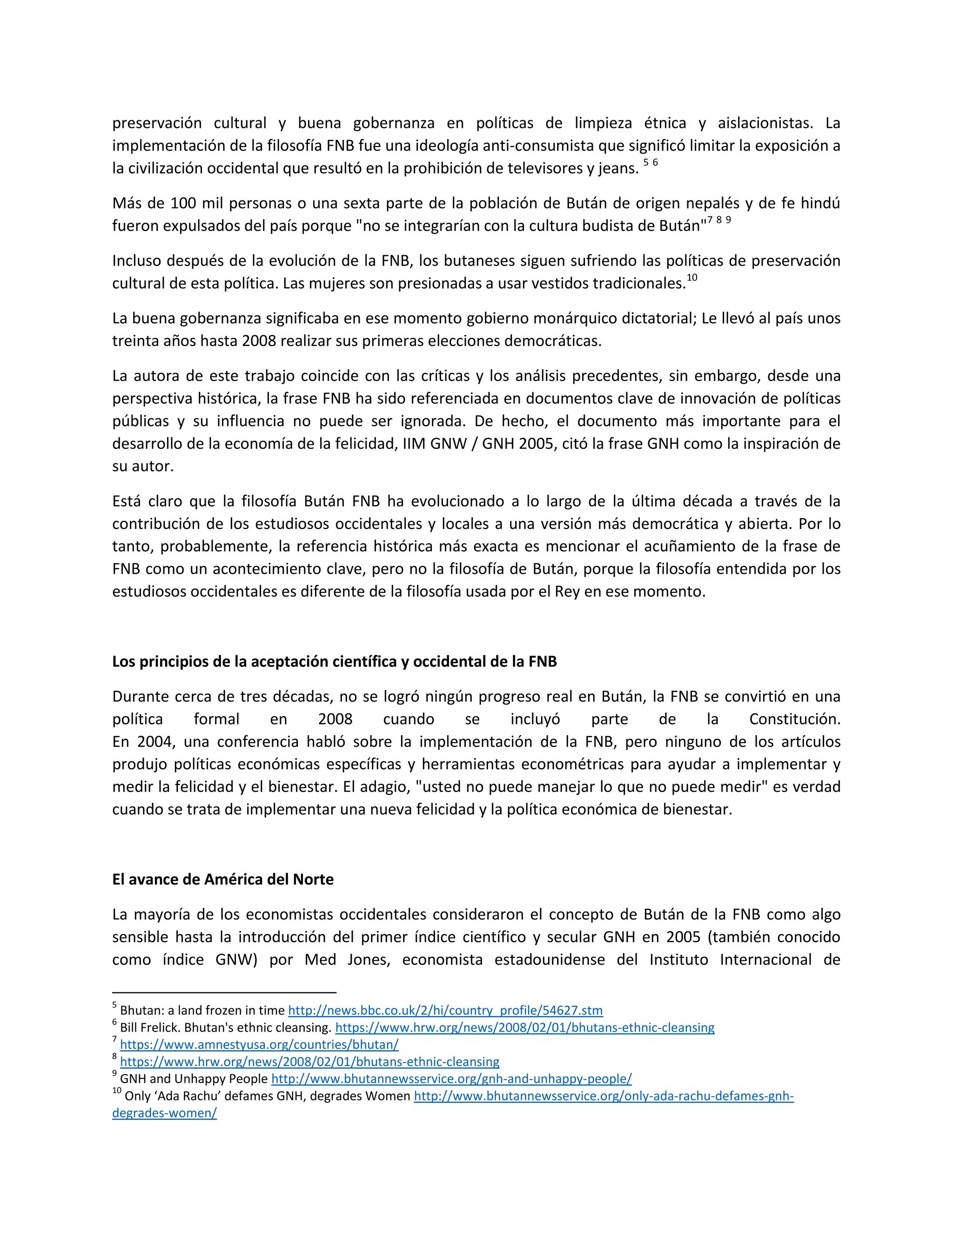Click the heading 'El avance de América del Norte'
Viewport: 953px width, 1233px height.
[x=222, y=879]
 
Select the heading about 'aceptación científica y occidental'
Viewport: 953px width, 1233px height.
[x=334, y=661]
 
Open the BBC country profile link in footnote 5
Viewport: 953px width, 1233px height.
[x=445, y=1011]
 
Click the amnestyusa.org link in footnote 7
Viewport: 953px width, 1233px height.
[x=259, y=1045]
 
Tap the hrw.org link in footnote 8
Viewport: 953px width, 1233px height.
[x=309, y=1061]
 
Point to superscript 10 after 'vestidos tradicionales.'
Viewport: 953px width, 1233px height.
[x=691, y=278]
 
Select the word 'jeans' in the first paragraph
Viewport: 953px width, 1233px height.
[x=618, y=168]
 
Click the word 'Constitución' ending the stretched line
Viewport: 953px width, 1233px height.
[x=794, y=719]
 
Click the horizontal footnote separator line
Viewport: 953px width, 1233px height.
[x=224, y=992]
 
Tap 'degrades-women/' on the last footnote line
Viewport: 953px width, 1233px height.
[x=164, y=1113]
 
